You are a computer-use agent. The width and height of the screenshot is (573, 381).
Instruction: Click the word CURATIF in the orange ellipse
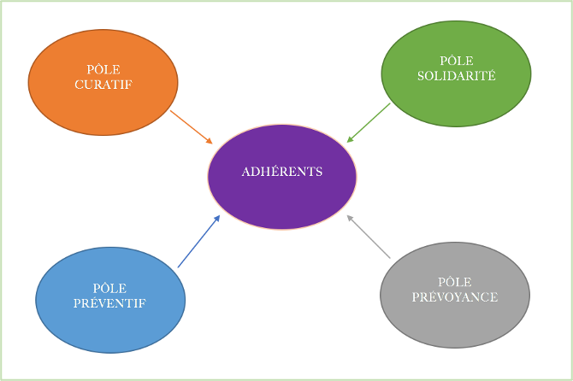[x=103, y=85]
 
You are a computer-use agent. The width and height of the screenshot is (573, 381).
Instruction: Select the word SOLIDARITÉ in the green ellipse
[x=456, y=75]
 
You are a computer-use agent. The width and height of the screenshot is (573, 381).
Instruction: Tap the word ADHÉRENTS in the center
[x=282, y=172]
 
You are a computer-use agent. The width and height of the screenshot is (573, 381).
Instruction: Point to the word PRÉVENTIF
[x=110, y=303]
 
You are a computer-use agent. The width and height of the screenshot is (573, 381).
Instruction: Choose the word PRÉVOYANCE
[x=455, y=297]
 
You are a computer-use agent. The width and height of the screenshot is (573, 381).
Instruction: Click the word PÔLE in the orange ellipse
[x=103, y=70]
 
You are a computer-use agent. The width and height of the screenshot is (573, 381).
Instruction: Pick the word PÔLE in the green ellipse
[x=457, y=61]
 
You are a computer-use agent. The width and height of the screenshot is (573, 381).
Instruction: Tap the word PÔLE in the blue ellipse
[x=110, y=289]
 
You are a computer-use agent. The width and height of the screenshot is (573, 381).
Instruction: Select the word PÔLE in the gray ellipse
[x=455, y=282]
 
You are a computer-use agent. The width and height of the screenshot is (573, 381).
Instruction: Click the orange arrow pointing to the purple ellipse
[x=191, y=126]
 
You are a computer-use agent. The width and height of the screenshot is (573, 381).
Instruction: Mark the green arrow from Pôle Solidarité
[x=369, y=122]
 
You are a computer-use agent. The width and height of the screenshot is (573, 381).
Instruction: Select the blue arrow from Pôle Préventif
[x=198, y=242]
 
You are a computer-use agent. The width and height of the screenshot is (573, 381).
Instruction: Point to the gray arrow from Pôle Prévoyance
[x=369, y=237]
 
